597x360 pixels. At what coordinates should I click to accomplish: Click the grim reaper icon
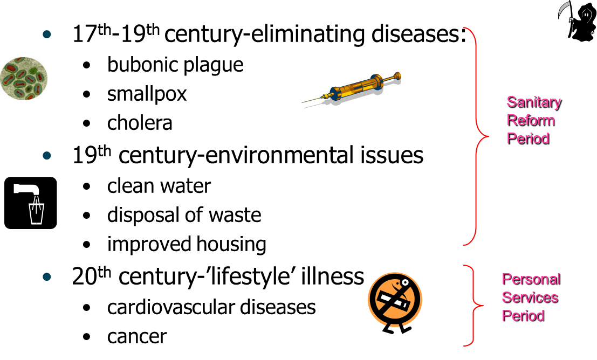pyautogui.click(x=577, y=20)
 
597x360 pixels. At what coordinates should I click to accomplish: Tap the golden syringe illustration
pyautogui.click(x=352, y=88)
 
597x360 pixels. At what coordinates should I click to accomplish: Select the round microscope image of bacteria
pyautogui.click(x=24, y=78)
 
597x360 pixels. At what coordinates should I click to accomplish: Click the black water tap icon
pyautogui.click(x=30, y=203)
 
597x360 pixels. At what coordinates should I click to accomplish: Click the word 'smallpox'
pyautogui.click(x=147, y=94)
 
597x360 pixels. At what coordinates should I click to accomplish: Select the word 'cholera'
pyautogui.click(x=140, y=123)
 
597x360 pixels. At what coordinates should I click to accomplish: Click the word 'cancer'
pyautogui.click(x=136, y=336)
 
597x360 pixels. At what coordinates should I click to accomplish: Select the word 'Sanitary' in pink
pyautogui.click(x=534, y=103)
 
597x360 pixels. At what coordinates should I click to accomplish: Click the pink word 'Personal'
pyautogui.click(x=531, y=279)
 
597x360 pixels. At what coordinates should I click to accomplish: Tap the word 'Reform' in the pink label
pyautogui.click(x=531, y=121)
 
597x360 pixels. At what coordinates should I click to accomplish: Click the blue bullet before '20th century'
pyautogui.click(x=47, y=276)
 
